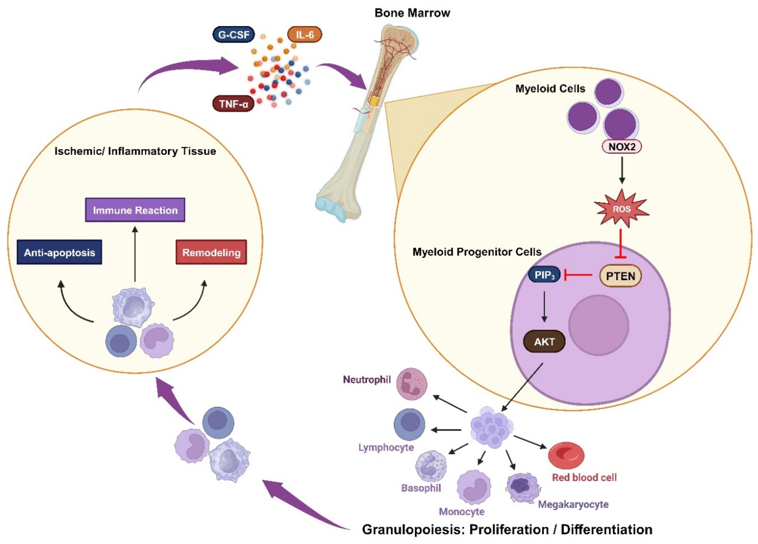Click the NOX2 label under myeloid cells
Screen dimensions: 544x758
pos(622,147)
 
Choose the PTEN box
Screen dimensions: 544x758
pos(620,276)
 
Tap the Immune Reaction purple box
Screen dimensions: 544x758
pos(135,210)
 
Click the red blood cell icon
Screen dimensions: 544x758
pos(566,455)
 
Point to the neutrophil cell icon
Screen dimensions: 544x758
pos(411,384)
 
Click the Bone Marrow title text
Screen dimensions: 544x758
pos(412,13)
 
